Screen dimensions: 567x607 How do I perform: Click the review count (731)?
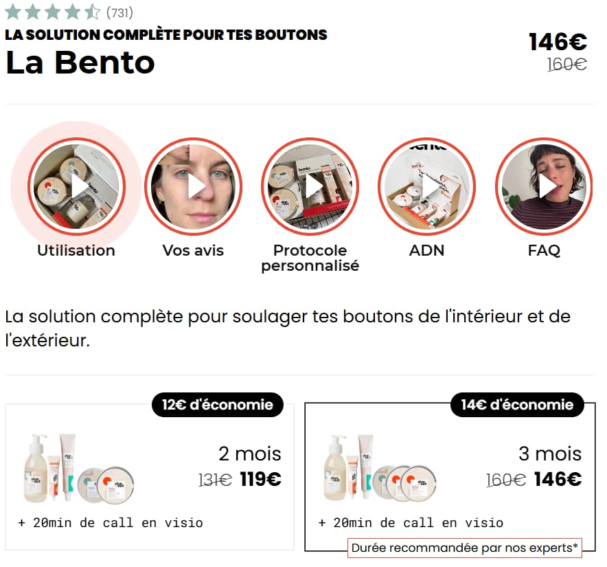click(119, 12)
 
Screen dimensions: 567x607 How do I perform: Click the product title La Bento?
click(80, 63)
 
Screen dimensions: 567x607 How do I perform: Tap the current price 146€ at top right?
click(558, 42)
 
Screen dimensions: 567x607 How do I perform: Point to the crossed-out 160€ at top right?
click(566, 65)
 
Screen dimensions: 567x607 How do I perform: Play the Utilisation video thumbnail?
click(76, 186)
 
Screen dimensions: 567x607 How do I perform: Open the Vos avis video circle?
click(193, 186)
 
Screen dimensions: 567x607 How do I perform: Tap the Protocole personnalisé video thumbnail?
click(310, 186)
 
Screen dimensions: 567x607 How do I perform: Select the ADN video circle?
click(426, 186)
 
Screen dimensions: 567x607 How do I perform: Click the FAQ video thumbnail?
click(544, 186)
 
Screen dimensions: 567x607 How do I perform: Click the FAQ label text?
click(544, 250)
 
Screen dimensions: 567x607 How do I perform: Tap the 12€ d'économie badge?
click(218, 405)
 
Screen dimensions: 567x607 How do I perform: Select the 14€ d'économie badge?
click(516, 405)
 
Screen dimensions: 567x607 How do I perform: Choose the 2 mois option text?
click(250, 454)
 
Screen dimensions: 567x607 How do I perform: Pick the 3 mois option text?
click(549, 454)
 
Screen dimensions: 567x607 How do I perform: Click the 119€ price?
click(260, 479)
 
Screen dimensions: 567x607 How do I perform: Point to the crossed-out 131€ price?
click(215, 480)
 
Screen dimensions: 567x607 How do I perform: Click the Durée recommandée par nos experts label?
click(464, 548)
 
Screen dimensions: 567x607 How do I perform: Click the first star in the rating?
click(12, 12)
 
